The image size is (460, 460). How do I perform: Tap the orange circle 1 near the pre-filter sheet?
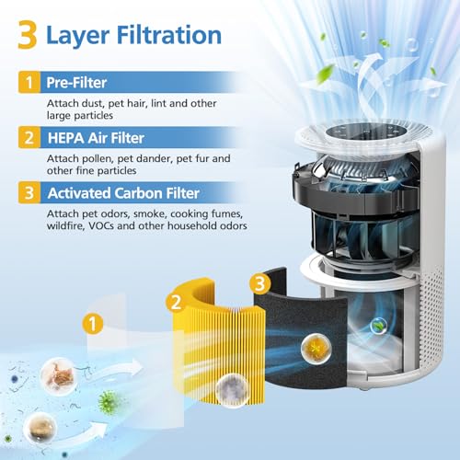[93, 323]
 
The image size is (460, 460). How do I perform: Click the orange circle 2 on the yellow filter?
[174, 300]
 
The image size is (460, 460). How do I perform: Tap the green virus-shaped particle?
[108, 399]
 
